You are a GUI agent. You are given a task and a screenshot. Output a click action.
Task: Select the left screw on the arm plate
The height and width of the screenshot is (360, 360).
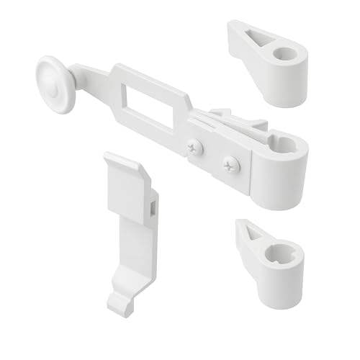pos(196,148)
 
